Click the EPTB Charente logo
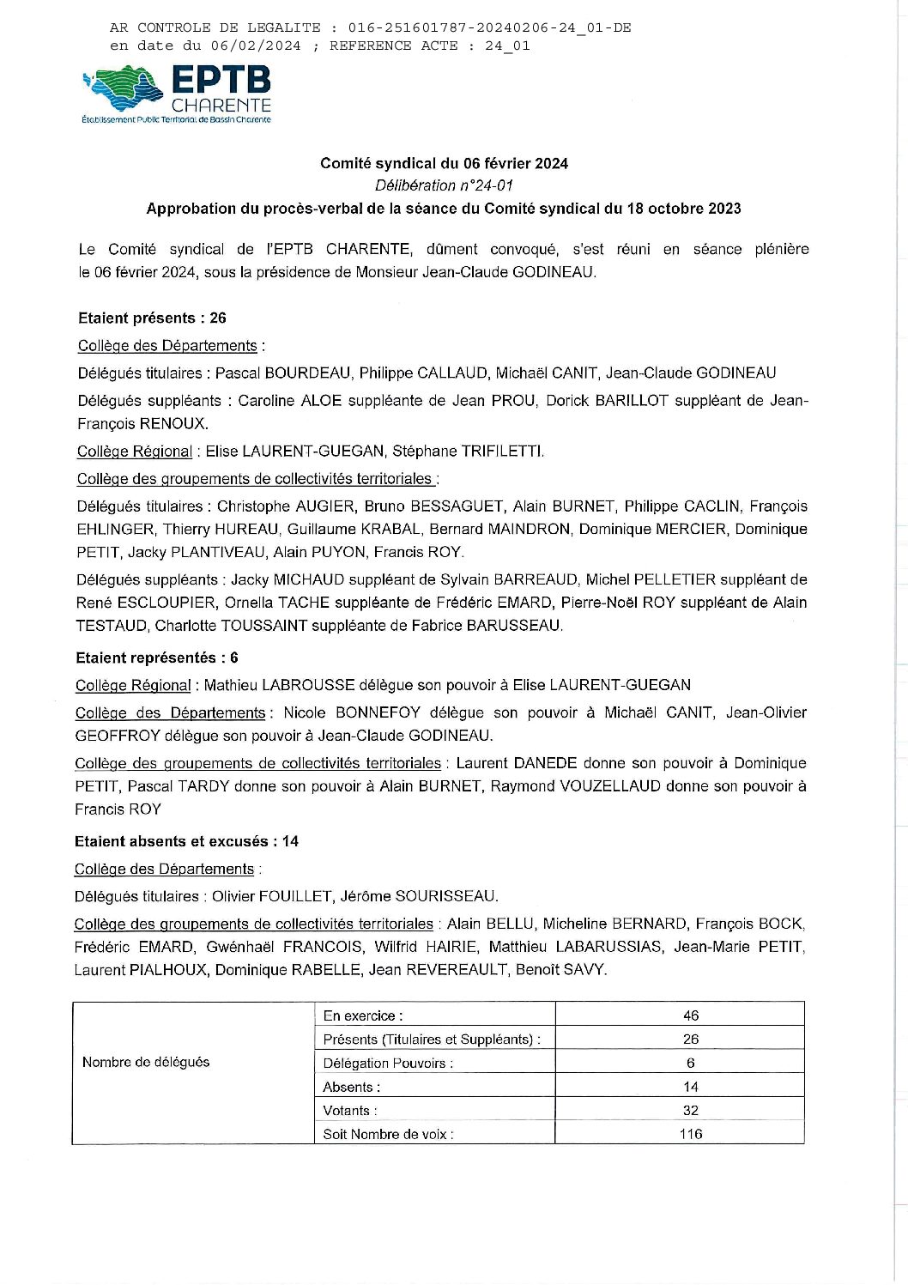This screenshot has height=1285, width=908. click(176, 94)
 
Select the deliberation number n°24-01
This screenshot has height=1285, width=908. click(444, 185)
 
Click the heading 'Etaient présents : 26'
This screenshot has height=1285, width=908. click(152, 318)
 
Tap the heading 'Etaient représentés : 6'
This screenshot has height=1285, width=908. click(156, 658)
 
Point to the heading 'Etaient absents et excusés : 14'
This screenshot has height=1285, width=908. click(186, 842)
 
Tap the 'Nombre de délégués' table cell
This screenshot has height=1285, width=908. click(146, 1063)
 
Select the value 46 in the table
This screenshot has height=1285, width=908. click(691, 1016)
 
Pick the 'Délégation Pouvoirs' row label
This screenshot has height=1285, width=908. click(388, 1064)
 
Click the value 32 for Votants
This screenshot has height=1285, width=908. click(691, 1111)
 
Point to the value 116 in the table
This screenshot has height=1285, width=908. click(691, 1135)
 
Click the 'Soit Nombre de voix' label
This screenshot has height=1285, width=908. click(388, 1135)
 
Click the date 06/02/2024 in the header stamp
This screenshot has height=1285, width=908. click(255, 46)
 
